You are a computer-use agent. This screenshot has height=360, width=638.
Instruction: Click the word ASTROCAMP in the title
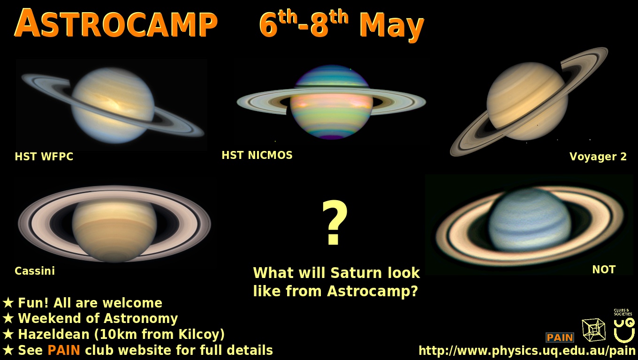(115, 23)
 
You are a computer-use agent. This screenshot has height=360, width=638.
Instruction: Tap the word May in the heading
(392, 27)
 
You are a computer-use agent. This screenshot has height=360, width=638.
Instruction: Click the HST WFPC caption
(44, 157)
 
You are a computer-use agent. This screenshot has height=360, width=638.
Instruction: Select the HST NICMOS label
(257, 155)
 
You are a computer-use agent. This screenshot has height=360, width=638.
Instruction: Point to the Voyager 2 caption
(598, 157)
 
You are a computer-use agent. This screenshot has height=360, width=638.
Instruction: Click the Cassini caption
(35, 271)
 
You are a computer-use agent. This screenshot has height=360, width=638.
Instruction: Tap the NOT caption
(604, 270)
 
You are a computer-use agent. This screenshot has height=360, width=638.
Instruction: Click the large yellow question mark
(334, 223)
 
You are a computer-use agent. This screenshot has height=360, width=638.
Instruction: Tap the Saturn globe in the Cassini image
(114, 230)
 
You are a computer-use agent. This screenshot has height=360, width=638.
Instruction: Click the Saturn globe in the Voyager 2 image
(527, 101)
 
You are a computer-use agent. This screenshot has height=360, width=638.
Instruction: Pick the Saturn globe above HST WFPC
(113, 105)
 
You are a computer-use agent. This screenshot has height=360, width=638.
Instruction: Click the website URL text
(527, 351)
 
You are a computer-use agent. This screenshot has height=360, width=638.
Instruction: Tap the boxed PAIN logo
(560, 337)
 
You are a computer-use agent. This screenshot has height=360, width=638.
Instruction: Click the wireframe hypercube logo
(593, 330)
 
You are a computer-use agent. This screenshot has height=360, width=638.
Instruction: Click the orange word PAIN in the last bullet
(64, 350)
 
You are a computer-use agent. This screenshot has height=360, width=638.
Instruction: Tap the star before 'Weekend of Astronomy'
(8, 318)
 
